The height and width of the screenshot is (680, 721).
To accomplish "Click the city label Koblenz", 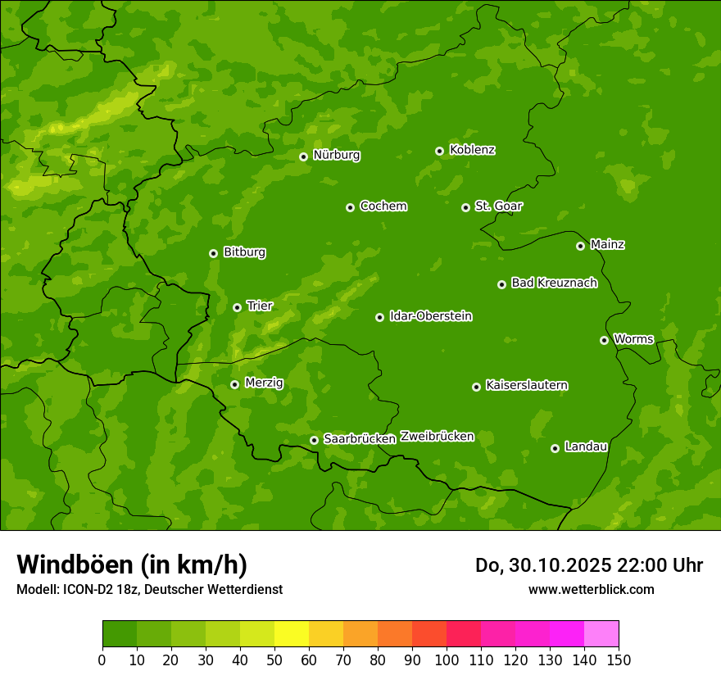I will coord(472,150).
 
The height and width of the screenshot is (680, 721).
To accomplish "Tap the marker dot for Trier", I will coord(237,307).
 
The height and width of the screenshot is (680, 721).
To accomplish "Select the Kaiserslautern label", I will coord(526,385).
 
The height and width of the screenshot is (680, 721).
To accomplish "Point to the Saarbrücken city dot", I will coord(314,440).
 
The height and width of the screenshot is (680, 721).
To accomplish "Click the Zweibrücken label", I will coord(437,437).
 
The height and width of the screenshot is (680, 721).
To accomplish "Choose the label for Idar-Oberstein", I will coord(430,316).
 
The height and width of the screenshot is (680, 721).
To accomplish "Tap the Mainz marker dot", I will coord(580,246).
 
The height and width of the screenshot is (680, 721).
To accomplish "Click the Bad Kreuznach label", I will coord(554,283).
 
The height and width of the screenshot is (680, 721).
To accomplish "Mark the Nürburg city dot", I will coord(303,156).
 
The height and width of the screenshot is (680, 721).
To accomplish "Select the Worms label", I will coord(633,339).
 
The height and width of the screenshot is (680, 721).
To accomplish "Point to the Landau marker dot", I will coord(555,448).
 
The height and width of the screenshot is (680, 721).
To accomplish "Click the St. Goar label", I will coord(498,206).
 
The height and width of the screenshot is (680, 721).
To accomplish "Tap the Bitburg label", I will coord(244,252).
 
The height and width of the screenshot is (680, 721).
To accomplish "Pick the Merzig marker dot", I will coord(234,384).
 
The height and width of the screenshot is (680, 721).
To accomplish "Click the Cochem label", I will coord(383,206).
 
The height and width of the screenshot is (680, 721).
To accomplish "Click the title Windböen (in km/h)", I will coord(131,564).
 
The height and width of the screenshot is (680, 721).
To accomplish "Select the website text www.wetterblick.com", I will coord(591,589).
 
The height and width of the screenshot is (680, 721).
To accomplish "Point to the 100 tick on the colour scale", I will coord(447,660).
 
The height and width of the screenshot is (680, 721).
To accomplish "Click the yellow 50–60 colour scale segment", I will coord(292,634).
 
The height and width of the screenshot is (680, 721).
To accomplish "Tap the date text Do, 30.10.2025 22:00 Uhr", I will coord(588,565).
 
